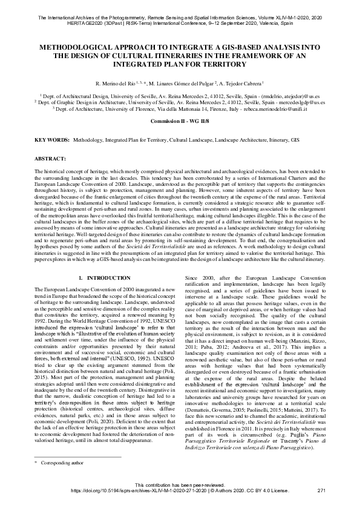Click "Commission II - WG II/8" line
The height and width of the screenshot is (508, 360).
click(x=179, y=122)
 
